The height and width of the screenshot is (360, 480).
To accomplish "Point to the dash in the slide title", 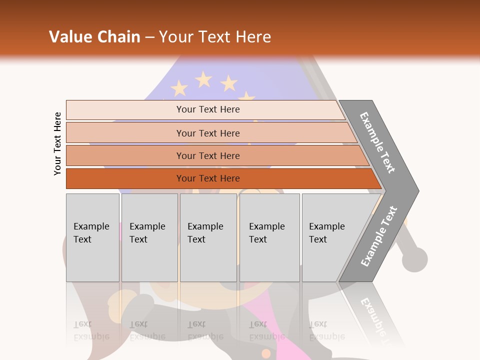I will pos(149,37).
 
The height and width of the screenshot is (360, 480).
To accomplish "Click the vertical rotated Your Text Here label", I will pos(57,143).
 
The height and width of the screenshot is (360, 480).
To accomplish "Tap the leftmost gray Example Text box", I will pos(92,237).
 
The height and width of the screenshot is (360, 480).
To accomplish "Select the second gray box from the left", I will pos(149,237).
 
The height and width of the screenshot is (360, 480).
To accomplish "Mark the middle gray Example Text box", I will pos(208,237).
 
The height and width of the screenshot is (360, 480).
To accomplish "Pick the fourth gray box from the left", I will pos(269,237).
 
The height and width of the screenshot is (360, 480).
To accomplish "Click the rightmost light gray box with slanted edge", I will pos(330,237).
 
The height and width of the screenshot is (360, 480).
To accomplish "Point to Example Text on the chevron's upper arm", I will pos(377,142).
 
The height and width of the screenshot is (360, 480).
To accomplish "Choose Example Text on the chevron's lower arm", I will pos(379,236).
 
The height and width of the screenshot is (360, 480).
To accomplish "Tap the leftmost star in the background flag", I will pos(179,88).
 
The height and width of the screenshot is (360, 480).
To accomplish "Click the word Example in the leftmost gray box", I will pos(91,226).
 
